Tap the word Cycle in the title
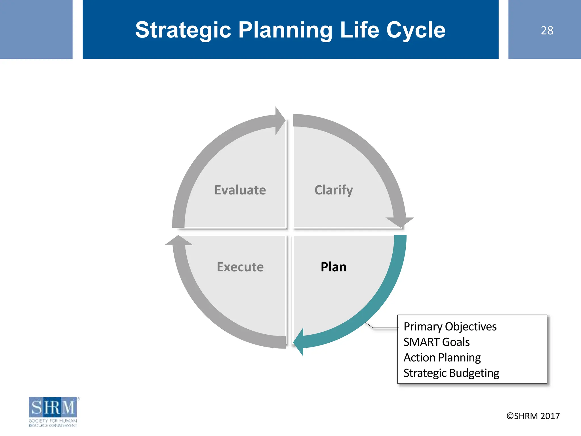pos(416,30)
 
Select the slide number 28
pos(547,30)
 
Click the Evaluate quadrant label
pos(240,190)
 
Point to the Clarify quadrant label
pos(333,190)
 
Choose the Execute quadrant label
pos(240,267)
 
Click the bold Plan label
pos(333,267)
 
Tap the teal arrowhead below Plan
pos(299,342)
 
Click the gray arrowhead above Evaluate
pos(279,121)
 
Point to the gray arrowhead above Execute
pos(179,241)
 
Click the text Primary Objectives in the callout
pos(450,326)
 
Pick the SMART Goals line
pos(436,342)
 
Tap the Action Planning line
pos(442,357)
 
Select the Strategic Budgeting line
pos(451,373)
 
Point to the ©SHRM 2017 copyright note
pos(533,416)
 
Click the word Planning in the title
pos(285,30)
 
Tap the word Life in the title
pos(359,30)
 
